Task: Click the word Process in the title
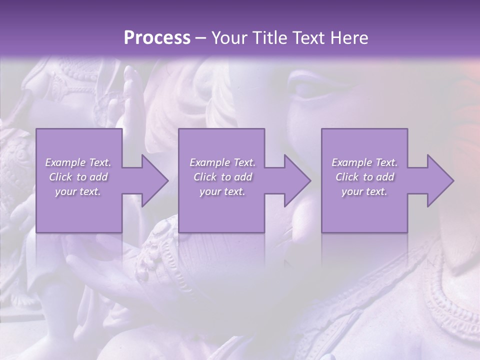pyautogui.click(x=157, y=38)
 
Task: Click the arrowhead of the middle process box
pyautogui.click(x=296, y=180)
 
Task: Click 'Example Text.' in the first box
pyautogui.click(x=78, y=162)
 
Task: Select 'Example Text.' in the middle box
pyautogui.click(x=222, y=162)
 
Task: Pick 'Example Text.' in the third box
pyautogui.click(x=364, y=162)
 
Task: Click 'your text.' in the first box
pyautogui.click(x=78, y=191)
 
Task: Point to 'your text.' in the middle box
pyautogui.click(x=222, y=191)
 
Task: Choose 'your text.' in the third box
pyautogui.click(x=364, y=191)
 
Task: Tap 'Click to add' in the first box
pyautogui.click(x=78, y=177)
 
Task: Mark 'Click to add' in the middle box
pyautogui.click(x=222, y=177)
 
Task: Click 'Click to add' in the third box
pyautogui.click(x=364, y=177)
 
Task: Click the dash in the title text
pyautogui.click(x=201, y=38)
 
